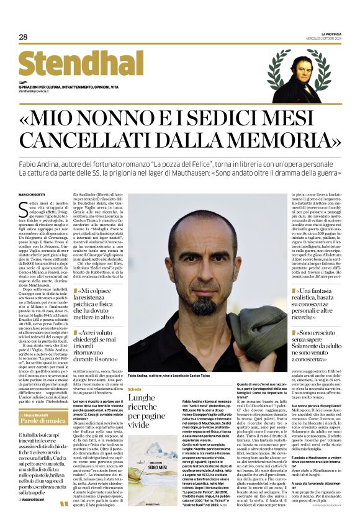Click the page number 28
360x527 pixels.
(23, 37)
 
